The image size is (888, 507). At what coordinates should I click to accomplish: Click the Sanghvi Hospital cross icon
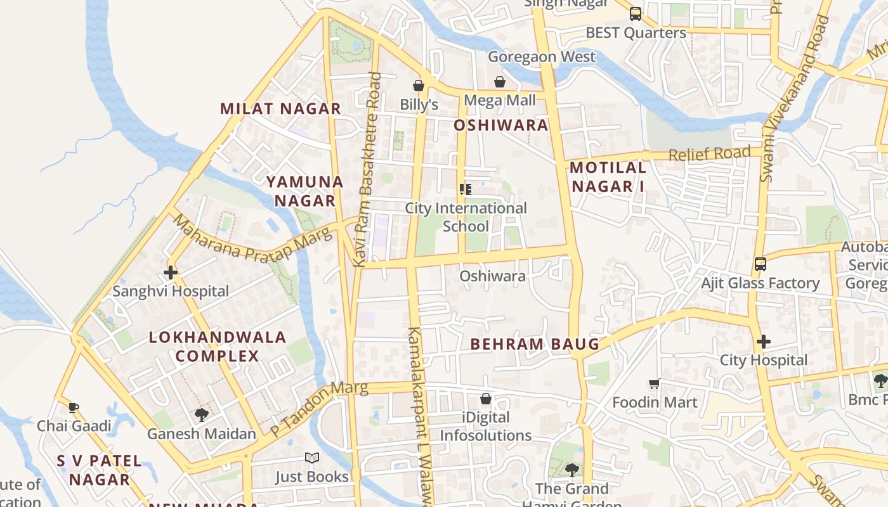pyautogui.click(x=170, y=273)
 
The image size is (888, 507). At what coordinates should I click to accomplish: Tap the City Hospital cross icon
pyautogui.click(x=763, y=342)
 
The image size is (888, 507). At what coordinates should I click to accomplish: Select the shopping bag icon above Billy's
pyautogui.click(x=418, y=85)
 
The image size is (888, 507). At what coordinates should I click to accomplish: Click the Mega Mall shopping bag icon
pyautogui.click(x=500, y=82)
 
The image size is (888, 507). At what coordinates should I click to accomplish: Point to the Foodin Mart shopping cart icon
pyautogui.click(x=655, y=383)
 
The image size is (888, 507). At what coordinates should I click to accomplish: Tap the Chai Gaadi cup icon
pyautogui.click(x=74, y=408)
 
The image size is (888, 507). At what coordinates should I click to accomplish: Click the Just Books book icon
pyautogui.click(x=311, y=458)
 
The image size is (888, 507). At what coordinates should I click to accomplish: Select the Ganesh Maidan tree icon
pyautogui.click(x=202, y=415)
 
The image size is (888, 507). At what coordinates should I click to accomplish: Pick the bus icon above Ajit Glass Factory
pyautogui.click(x=760, y=264)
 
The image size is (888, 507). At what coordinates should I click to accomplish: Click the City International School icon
pyautogui.click(x=466, y=189)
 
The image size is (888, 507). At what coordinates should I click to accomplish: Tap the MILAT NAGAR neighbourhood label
pyautogui.click(x=280, y=109)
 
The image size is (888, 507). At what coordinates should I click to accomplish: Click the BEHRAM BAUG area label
pyautogui.click(x=535, y=344)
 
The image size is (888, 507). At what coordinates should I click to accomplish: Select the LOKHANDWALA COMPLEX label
pyautogui.click(x=218, y=346)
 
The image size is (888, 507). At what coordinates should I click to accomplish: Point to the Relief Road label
pyautogui.click(x=709, y=153)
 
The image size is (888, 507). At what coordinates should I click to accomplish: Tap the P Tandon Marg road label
pyautogui.click(x=319, y=409)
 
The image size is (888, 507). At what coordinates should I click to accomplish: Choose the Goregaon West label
pyautogui.click(x=542, y=57)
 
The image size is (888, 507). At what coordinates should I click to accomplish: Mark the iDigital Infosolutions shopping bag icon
pyautogui.click(x=485, y=399)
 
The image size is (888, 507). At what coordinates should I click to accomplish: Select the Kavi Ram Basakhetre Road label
pyautogui.click(x=368, y=170)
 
